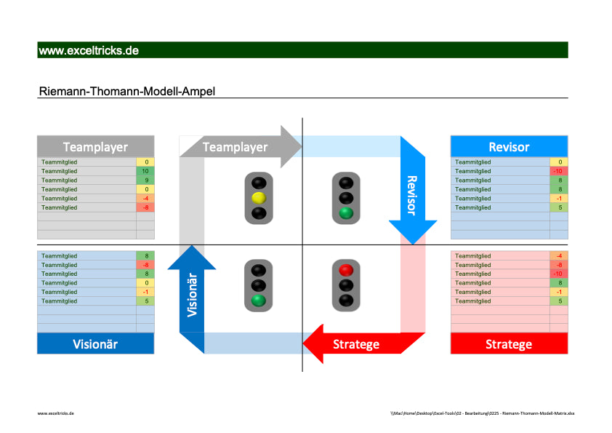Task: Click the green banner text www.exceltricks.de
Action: coord(88,51)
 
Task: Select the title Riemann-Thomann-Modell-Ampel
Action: coord(126,92)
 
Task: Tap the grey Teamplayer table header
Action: coord(95,146)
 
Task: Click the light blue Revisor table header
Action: coord(509,146)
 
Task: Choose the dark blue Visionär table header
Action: coord(95,344)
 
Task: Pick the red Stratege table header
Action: coord(509,344)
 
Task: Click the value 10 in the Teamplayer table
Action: coord(145,172)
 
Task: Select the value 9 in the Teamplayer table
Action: coord(145,180)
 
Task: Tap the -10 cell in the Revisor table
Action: coord(558,172)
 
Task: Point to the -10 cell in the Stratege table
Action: coord(558,274)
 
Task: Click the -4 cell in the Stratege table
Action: coord(558,256)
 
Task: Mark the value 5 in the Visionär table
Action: coord(145,301)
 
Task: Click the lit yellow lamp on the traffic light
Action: coord(259,197)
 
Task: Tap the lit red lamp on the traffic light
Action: coord(346,269)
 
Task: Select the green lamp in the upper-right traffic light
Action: coord(346,213)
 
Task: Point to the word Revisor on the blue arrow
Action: coord(412,195)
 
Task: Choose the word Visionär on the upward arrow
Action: coord(193,295)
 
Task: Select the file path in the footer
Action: coord(482,413)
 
